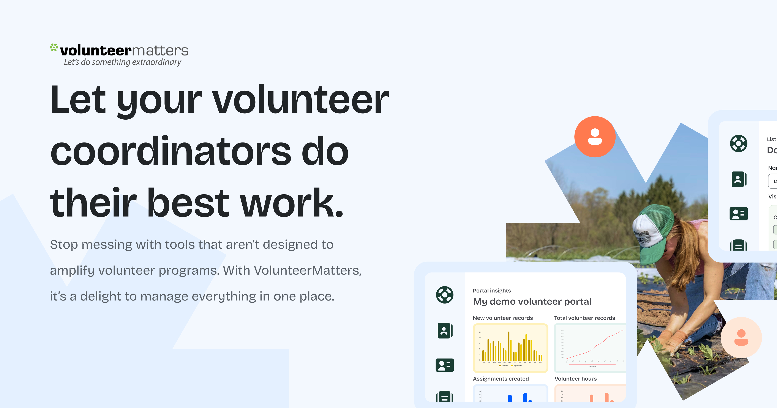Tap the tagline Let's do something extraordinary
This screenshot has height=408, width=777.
pyautogui.click(x=122, y=62)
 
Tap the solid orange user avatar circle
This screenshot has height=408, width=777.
pyautogui.click(x=595, y=137)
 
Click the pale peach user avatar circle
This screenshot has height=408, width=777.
pyautogui.click(x=741, y=337)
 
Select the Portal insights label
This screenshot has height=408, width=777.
pyautogui.click(x=492, y=291)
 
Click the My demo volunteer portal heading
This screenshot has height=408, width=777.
pyautogui.click(x=532, y=302)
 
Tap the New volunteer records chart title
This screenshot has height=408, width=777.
pyautogui.click(x=502, y=318)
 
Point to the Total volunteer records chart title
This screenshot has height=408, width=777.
pyautogui.click(x=584, y=318)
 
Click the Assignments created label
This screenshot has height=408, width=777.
pyautogui.click(x=501, y=379)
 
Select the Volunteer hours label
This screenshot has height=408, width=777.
pyautogui.click(x=575, y=379)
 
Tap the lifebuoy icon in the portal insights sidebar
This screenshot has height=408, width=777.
pyautogui.click(x=445, y=295)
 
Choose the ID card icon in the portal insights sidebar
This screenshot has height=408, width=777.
pyautogui.click(x=445, y=365)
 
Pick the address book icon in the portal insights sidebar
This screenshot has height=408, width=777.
pyautogui.click(x=445, y=331)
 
